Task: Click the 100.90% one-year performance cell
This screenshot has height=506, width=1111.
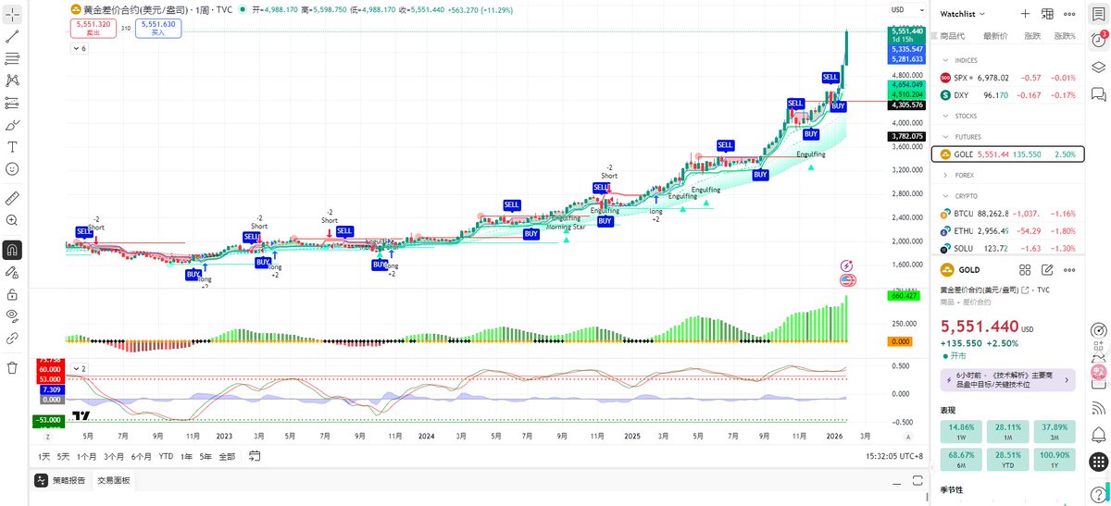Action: click(x=1055, y=460)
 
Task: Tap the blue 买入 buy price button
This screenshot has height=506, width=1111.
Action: click(x=158, y=28)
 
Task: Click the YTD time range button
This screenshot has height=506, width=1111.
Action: click(x=166, y=456)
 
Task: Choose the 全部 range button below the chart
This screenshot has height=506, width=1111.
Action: click(x=226, y=456)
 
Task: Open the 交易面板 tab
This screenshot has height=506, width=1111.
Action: click(x=113, y=481)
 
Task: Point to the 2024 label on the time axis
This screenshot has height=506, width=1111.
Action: click(x=426, y=435)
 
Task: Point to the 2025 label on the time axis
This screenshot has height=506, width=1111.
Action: click(x=632, y=435)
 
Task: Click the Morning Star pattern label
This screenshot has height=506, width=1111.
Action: click(x=565, y=227)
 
